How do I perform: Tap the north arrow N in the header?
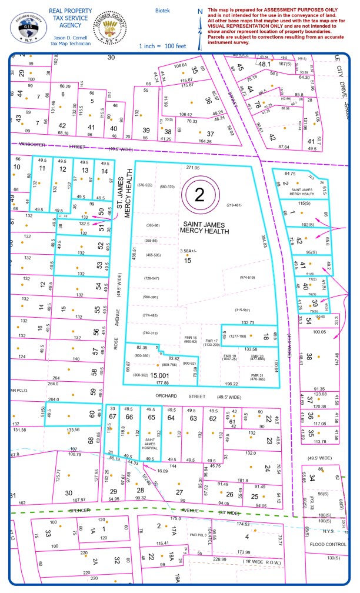[x=200, y=11]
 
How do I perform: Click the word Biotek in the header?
[x=162, y=11]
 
